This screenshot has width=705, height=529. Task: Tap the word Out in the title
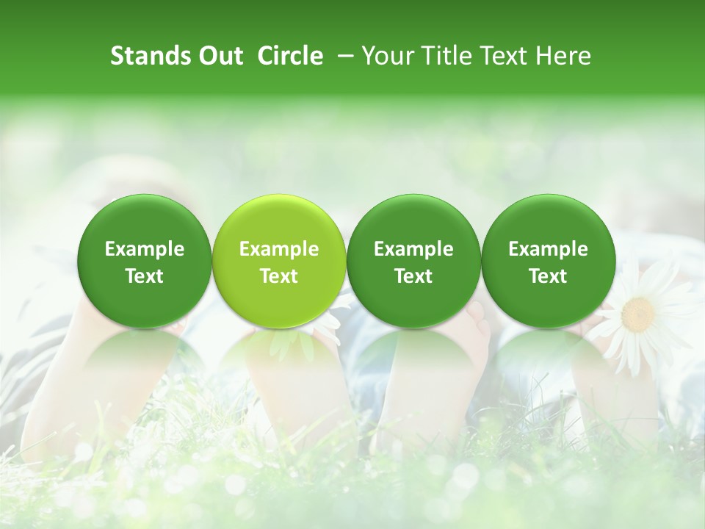point(218,56)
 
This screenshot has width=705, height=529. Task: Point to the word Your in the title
point(386,56)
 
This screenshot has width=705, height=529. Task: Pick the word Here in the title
point(563,56)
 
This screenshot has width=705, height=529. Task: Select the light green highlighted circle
point(279,260)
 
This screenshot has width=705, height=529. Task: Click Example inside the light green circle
point(279,249)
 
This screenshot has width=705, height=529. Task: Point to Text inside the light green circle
point(279,276)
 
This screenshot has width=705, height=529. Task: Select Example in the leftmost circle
point(144,249)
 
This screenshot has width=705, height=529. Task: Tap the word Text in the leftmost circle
point(144,276)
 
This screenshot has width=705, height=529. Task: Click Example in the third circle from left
point(413,249)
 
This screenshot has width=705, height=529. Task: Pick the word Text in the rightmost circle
point(548,276)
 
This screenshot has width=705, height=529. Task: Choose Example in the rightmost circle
point(548,249)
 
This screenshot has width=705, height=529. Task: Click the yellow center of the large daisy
point(637,314)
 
